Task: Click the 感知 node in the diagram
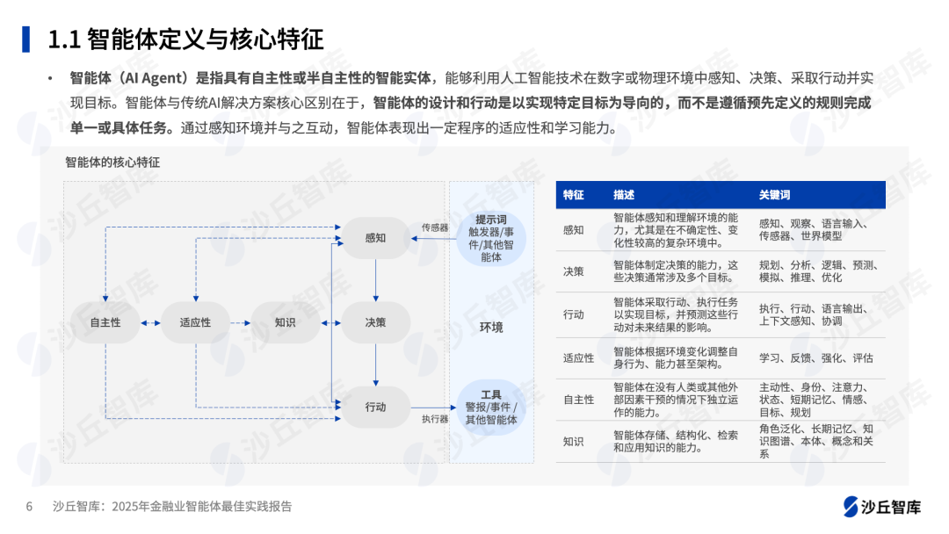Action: [x=375, y=238]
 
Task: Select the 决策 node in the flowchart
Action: [x=375, y=322]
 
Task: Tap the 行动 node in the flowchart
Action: [x=375, y=407]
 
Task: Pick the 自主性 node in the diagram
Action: [x=105, y=322]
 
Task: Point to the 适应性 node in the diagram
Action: [x=195, y=322]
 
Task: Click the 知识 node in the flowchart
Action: [x=285, y=322]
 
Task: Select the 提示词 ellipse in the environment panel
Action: [x=491, y=238]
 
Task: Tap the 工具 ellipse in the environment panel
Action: [x=491, y=408]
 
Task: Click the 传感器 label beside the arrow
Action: [x=435, y=227]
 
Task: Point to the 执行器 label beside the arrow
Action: [x=435, y=419]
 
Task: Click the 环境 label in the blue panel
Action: [x=491, y=328]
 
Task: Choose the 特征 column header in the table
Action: [x=573, y=195]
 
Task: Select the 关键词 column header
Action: [x=775, y=195]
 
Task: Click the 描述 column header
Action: [x=624, y=195]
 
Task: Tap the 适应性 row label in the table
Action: [x=578, y=358]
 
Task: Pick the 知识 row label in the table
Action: [x=573, y=442]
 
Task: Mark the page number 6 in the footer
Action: [x=29, y=507]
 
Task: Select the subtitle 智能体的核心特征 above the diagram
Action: [x=112, y=162]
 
